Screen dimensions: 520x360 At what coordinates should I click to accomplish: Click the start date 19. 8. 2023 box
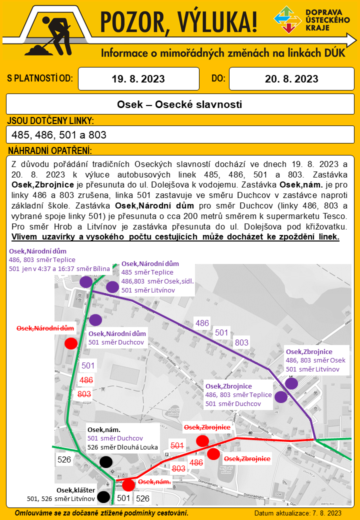[138, 79]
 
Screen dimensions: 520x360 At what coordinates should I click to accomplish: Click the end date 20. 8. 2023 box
[291, 79]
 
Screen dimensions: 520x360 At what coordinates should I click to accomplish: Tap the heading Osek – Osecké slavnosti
[179, 104]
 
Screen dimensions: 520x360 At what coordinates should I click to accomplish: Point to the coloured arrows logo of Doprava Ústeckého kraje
[287, 20]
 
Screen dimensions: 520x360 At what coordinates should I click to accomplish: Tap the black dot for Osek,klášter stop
[103, 496]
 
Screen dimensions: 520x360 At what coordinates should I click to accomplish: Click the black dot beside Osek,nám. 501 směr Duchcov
[105, 462]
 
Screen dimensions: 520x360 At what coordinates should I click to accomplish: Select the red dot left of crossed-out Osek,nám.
[128, 484]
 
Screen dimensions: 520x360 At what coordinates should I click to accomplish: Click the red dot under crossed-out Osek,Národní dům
[71, 343]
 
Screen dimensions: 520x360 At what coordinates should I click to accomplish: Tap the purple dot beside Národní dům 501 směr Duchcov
[95, 320]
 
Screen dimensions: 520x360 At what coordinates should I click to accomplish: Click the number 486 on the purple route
[202, 323]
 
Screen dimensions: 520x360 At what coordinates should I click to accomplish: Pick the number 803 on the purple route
[241, 342]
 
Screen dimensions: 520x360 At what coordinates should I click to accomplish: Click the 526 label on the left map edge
[64, 458]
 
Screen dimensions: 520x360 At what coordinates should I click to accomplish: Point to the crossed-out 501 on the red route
[177, 445]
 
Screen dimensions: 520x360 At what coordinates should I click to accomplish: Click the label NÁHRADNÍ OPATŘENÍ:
[50, 150]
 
